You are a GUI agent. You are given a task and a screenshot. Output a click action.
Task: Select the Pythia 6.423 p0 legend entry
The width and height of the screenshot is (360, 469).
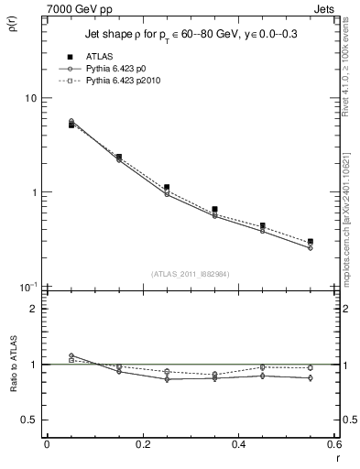click(x=125, y=69)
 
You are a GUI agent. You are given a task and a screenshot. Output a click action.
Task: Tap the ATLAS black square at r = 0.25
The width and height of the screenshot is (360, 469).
click(x=167, y=187)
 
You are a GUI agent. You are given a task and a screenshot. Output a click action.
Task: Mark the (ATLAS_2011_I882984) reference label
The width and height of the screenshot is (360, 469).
click(x=190, y=273)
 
